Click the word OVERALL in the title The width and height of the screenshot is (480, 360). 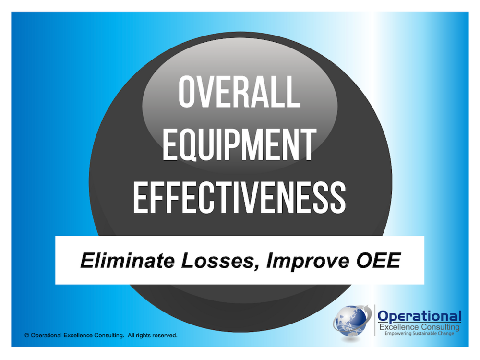tap(240, 92)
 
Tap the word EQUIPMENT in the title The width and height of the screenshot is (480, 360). tap(240, 144)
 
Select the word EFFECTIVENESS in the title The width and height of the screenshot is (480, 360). tap(240, 197)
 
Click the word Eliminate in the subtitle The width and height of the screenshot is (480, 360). tap(128, 261)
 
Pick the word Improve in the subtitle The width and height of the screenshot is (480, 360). tap(308, 262)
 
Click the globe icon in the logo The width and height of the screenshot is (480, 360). tap(351, 322)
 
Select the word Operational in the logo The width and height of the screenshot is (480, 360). tap(420, 316)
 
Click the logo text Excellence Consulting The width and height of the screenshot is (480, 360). tap(420, 327)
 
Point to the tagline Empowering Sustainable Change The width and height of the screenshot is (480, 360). tap(420, 334)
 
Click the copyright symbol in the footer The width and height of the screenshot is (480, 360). tap(27, 336)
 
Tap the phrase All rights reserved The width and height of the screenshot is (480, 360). tap(153, 336)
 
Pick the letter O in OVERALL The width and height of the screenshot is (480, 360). tap(187, 92)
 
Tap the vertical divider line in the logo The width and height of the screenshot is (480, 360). tap(375, 320)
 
